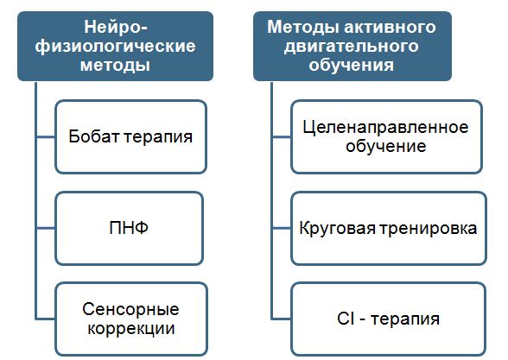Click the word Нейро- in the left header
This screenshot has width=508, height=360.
click(116, 28)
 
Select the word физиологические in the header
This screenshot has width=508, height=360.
click(116, 47)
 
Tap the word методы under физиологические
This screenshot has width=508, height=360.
click(116, 65)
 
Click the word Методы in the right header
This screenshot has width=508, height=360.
click(303, 28)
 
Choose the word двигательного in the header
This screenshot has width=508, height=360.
click(351, 47)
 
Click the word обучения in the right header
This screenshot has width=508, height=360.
click(351, 65)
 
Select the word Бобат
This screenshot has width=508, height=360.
click(93, 136)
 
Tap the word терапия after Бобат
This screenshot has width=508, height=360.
click(158, 137)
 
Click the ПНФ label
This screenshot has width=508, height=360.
click(129, 228)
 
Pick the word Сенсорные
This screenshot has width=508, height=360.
click(130, 309)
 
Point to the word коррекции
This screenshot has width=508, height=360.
click(131, 329)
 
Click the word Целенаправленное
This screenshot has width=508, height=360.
click(385, 128)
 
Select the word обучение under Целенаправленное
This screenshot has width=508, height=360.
click(385, 147)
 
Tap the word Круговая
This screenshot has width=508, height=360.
click(337, 228)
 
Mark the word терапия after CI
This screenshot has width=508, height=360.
click(405, 319)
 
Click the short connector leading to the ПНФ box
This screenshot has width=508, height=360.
click(46, 228)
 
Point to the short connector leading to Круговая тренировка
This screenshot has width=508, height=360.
click(282, 228)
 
